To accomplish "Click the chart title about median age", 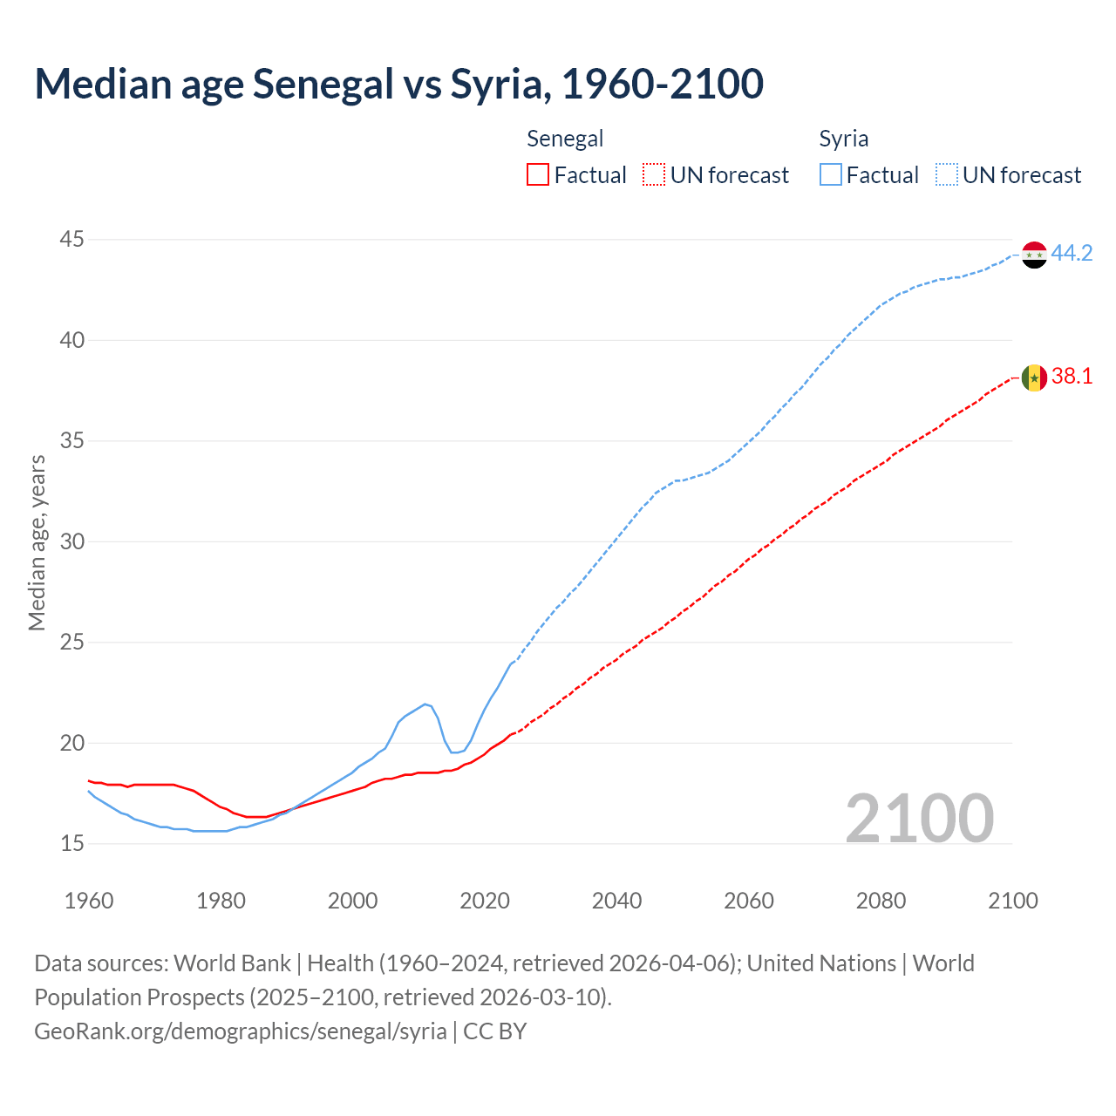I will click(399, 84).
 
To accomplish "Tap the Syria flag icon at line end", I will click(1034, 255).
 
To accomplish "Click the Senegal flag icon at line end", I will click(1034, 378).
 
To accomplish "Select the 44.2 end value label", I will click(1072, 254).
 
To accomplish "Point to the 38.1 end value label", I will click(1072, 377).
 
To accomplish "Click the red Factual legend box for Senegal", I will click(538, 175).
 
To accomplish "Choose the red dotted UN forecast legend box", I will click(654, 175).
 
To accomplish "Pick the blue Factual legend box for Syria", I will click(831, 175).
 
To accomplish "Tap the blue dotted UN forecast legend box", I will click(947, 175).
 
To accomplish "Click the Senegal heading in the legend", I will click(565, 139).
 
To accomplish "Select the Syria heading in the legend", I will click(843, 139).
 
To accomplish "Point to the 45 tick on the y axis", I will click(72, 239).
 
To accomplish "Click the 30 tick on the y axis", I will click(72, 541).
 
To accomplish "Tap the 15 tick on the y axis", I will click(72, 843).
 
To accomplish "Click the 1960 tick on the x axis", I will click(89, 901).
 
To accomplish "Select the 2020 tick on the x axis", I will click(485, 901).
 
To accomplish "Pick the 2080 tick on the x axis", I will click(881, 901).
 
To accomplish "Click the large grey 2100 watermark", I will click(920, 818).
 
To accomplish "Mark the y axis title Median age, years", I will click(37, 542).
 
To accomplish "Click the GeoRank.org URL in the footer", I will click(241, 1031).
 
